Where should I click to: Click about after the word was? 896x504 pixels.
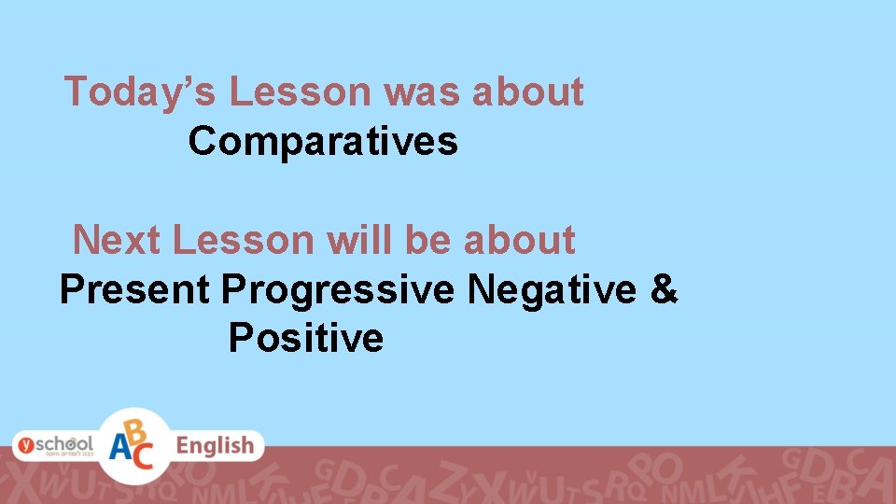coord(528,92)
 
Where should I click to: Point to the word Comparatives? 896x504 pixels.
coord(323,142)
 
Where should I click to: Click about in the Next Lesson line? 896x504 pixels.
coord(519,240)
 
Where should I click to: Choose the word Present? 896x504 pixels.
coord(134,290)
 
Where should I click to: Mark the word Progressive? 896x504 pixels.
coord(338,290)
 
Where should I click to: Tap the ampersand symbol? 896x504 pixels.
coord(664,290)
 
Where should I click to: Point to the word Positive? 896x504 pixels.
coord(305,338)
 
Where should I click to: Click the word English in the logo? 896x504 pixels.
coord(215,446)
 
